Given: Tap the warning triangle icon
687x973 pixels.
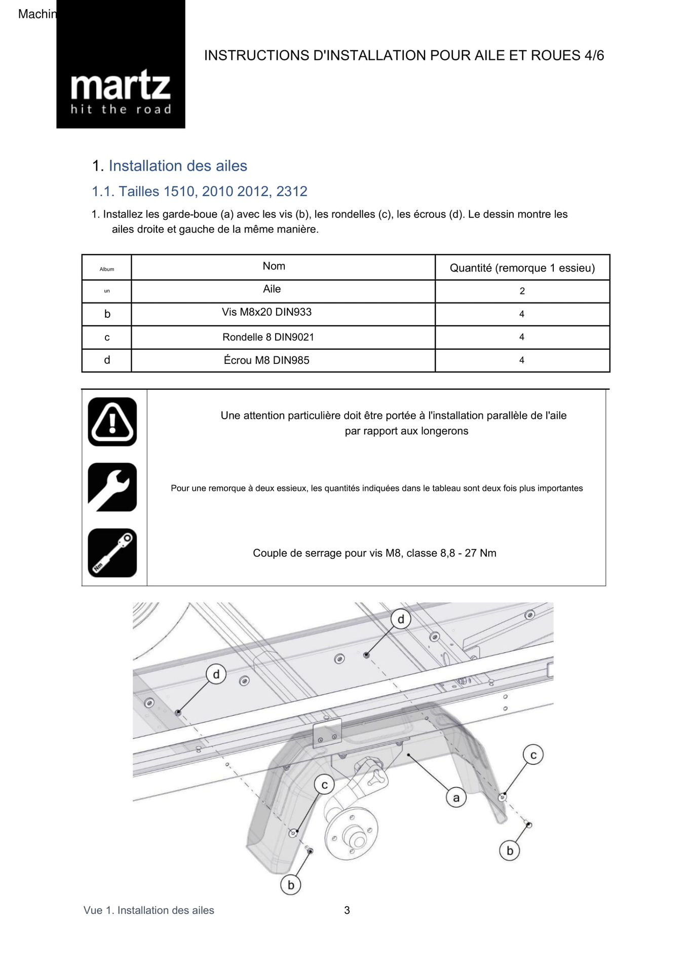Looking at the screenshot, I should [x=112, y=422].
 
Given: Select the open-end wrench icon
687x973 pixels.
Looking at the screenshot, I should [x=112, y=487].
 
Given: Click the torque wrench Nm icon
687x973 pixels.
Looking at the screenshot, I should [x=112, y=553].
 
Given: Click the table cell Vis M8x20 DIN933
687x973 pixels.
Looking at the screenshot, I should [x=266, y=312].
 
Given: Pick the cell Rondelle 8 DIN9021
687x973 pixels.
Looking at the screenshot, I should [x=268, y=337].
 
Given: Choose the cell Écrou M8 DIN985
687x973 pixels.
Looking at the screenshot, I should [x=266, y=360].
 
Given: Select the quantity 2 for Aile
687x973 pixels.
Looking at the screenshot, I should [x=522, y=291].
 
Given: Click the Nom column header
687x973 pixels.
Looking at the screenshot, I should [x=274, y=266].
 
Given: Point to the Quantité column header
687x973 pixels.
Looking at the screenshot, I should [x=522, y=268].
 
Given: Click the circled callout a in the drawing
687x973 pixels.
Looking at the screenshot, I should [x=456, y=798].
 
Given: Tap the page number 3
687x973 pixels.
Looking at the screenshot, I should [x=347, y=910].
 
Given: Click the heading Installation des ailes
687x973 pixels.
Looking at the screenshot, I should [x=177, y=166].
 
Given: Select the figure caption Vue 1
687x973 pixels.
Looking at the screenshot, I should [x=148, y=910].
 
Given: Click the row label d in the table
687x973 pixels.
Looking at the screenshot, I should [x=107, y=360].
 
